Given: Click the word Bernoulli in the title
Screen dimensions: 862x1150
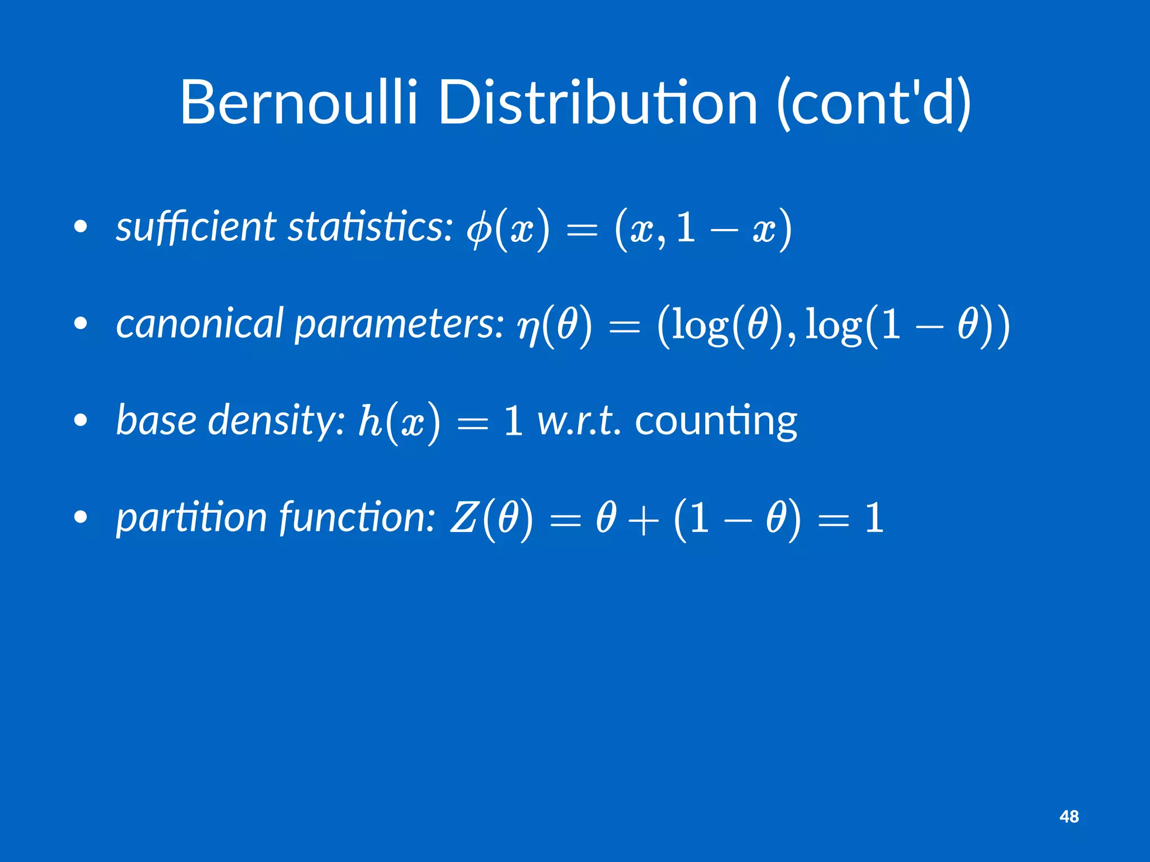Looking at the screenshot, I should click(298, 104).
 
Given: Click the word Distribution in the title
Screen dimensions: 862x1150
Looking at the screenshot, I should click(597, 104).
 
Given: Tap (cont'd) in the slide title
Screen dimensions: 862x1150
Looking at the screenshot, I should click(874, 104).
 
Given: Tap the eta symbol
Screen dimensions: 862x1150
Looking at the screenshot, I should click(528, 328).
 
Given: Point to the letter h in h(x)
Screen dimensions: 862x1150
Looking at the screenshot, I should click(370, 421).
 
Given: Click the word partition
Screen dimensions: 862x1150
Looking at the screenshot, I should click(191, 517).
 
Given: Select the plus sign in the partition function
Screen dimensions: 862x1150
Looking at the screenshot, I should click(644, 519).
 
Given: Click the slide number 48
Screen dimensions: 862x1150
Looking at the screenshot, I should click(1069, 817).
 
